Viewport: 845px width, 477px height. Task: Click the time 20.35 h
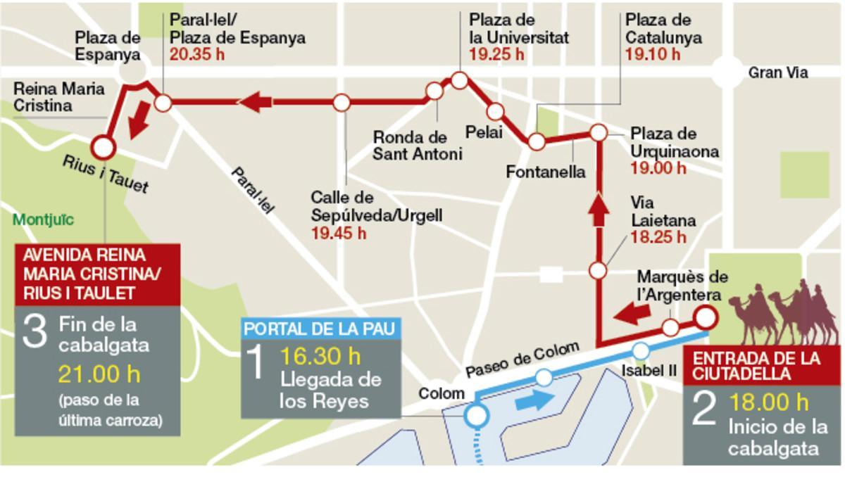coord(196,55)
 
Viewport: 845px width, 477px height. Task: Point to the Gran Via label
coord(777,72)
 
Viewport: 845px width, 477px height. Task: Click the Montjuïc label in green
coord(43,220)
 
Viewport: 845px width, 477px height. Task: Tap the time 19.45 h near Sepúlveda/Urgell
coord(338,233)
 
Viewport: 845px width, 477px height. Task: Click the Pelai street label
coord(484,132)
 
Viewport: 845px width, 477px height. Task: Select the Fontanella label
coord(546,172)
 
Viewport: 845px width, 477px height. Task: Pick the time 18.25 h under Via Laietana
coord(658,237)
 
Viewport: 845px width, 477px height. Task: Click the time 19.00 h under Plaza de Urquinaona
coord(658,168)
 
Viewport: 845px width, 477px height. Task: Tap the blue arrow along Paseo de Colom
coord(534,400)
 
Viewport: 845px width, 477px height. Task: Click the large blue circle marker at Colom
coord(477,416)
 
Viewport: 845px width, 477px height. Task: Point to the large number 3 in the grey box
coord(35,332)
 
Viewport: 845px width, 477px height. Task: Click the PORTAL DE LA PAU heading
coord(323,329)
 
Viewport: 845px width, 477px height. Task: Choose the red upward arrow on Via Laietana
coord(598,209)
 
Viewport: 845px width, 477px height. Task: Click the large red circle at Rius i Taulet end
coord(104,147)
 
